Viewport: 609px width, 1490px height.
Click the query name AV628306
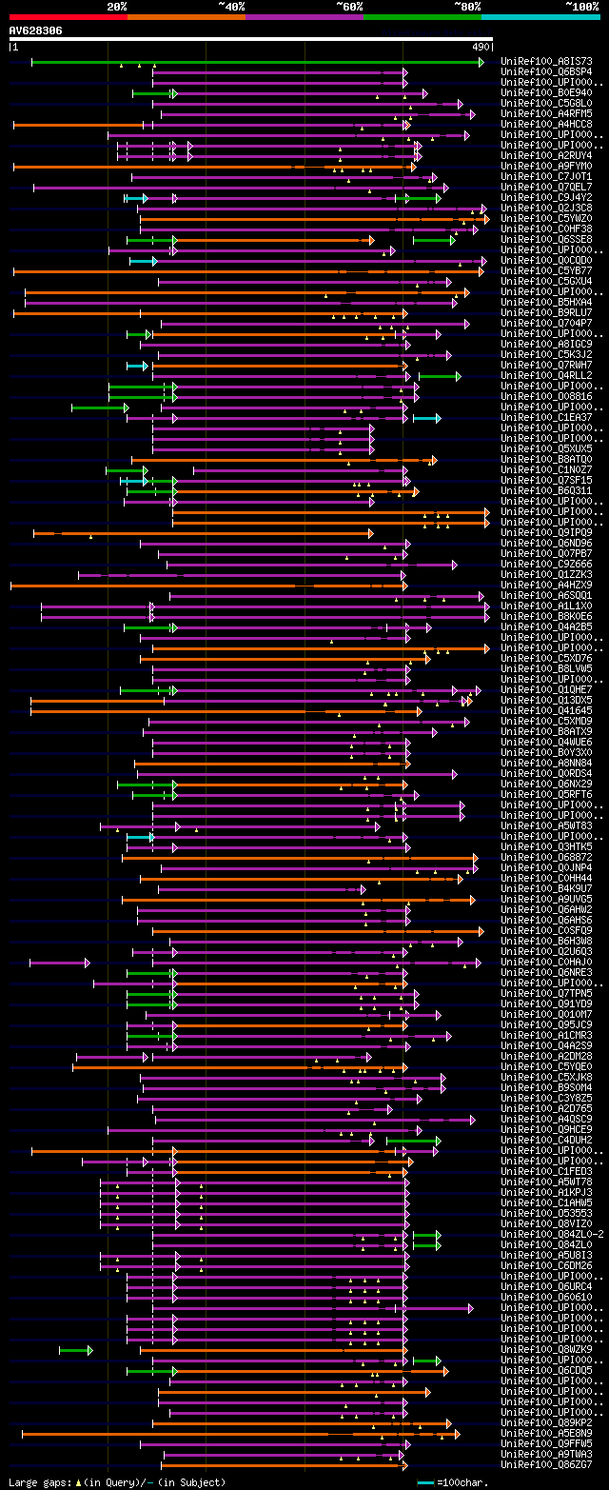(36, 30)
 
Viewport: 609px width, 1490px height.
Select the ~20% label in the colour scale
(116, 6)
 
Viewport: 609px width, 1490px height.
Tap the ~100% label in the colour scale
(581, 6)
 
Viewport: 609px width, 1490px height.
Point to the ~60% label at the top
(348, 6)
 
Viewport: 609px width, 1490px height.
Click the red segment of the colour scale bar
(68, 17)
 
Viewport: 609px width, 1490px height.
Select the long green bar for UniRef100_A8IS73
(257, 62)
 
